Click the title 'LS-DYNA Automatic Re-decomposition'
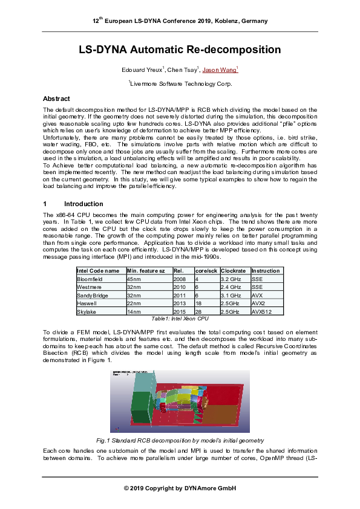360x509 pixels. pos(180,50)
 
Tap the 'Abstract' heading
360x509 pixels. pos(56,99)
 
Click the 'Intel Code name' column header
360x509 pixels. pos(97,271)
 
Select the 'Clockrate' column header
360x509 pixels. pos(233,271)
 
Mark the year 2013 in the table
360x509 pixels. pos(180,303)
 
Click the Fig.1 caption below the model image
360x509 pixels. pos(180,441)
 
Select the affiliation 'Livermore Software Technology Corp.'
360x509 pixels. pos(180,83)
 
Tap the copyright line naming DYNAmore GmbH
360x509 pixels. pos(180,488)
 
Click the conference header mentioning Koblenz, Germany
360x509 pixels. pos(180,21)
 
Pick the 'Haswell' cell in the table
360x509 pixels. pos(87,303)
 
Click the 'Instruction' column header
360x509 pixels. pos(266,271)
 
